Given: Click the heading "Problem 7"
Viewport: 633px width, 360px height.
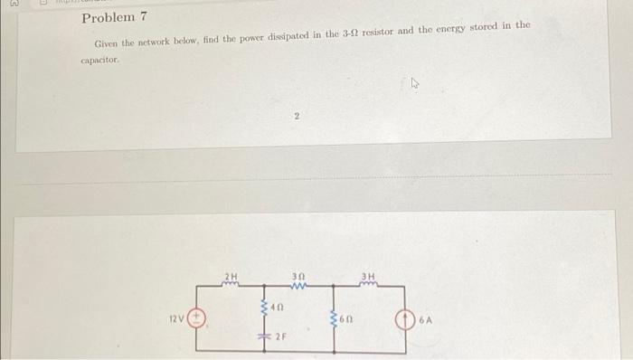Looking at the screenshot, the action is pyautogui.click(x=114, y=18).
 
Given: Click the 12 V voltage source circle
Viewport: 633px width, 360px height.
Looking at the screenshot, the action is pyautogui.click(x=199, y=317).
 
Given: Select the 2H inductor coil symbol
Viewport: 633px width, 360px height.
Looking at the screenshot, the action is pyautogui.click(x=231, y=285).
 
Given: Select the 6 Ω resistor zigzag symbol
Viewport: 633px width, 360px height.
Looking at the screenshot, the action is pyautogui.click(x=335, y=317).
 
